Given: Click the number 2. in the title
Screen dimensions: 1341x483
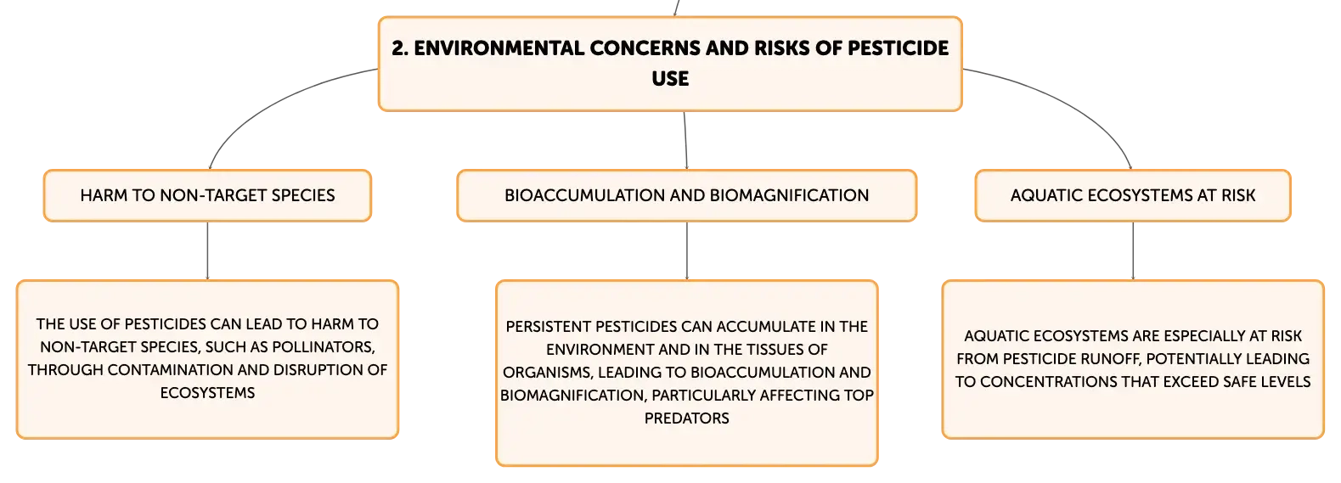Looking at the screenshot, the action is click(400, 48).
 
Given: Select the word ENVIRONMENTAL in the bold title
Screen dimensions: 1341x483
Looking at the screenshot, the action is click(499, 48).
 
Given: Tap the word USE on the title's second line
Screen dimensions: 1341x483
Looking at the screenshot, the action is click(671, 78).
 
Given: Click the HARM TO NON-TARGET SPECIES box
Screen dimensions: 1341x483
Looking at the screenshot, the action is click(207, 196).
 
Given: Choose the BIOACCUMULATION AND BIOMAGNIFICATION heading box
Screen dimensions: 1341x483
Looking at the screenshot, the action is click(687, 196).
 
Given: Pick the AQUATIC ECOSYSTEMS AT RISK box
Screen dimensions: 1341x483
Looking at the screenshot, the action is click(1133, 196).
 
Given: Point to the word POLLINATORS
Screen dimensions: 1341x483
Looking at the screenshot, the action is click(324, 347).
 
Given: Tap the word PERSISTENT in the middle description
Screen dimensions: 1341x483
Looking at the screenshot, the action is click(549, 327).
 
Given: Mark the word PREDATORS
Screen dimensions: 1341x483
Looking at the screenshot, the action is click(687, 418).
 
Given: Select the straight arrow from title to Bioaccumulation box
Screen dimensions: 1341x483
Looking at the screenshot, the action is click(685, 141).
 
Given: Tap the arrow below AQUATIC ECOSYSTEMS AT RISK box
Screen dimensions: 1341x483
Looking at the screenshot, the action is click(1133, 250).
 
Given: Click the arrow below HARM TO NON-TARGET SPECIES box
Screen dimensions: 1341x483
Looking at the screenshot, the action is click(207, 250).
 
